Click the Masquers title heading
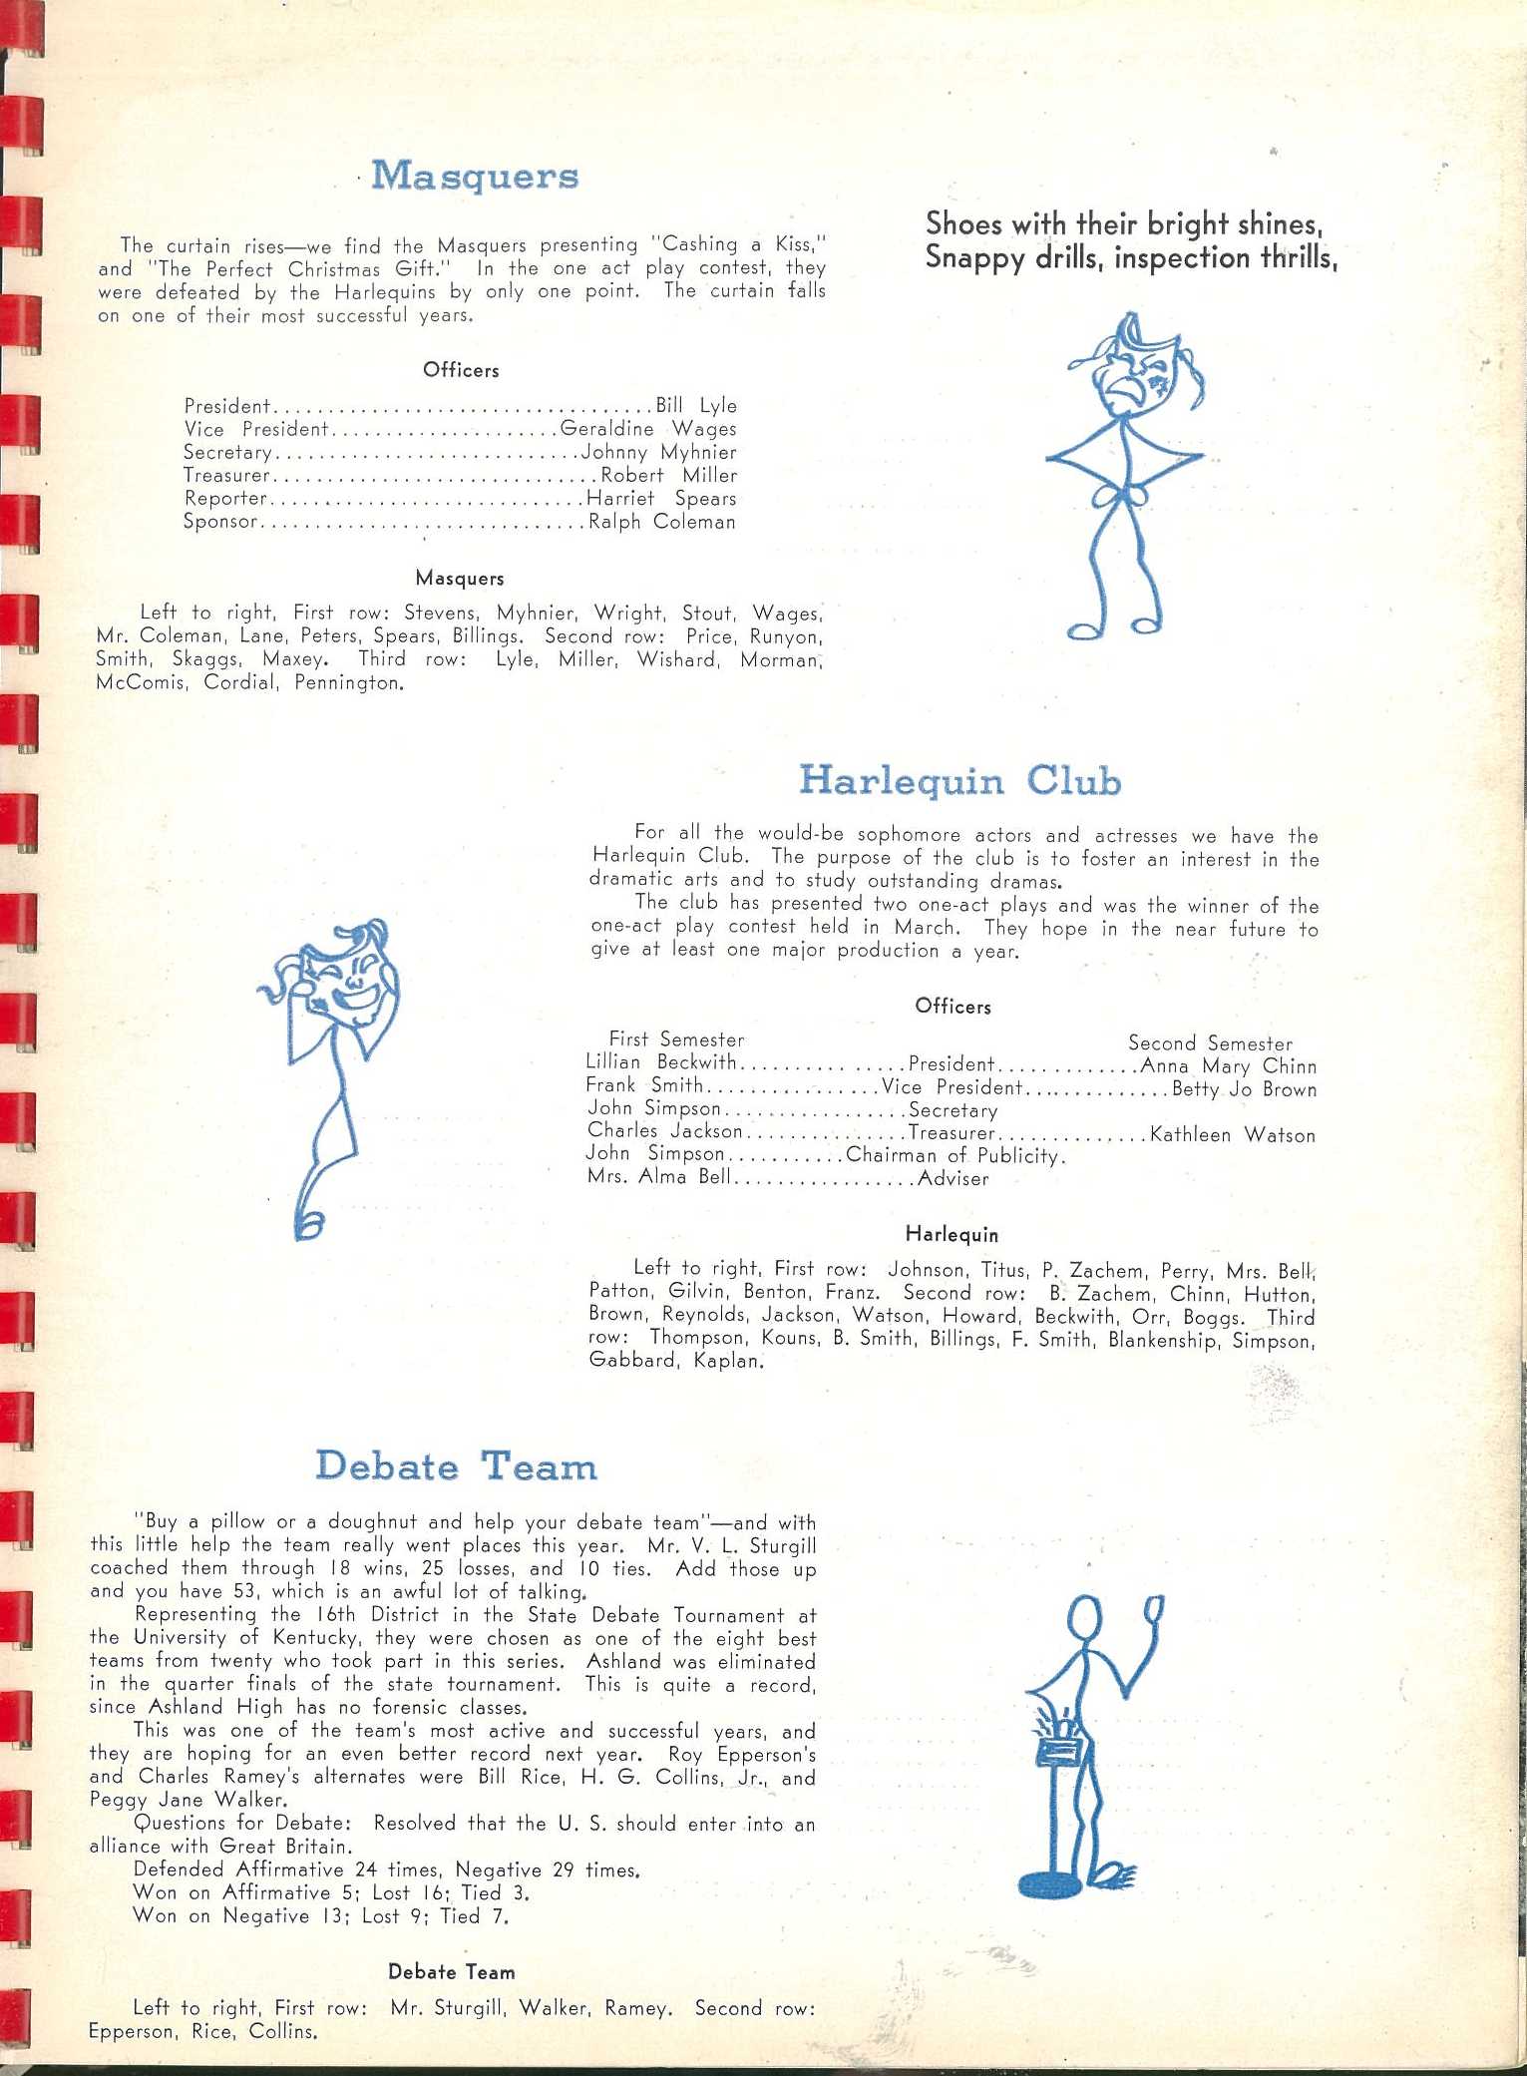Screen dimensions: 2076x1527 click(475, 177)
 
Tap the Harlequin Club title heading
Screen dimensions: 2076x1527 click(959, 780)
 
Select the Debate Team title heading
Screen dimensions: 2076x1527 click(456, 1466)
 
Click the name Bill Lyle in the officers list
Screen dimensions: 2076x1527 click(696, 405)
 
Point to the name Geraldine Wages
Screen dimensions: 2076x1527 click(648, 429)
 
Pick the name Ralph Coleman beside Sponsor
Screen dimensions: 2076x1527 click(661, 522)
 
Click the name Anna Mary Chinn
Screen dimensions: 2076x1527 click(1228, 1066)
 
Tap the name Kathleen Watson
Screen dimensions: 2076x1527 click(1232, 1135)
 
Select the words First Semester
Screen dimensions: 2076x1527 click(676, 1039)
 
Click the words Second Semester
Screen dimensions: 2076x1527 click(1210, 1043)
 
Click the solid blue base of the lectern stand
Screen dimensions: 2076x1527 click(1050, 1884)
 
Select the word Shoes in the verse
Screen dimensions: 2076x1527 click(963, 223)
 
